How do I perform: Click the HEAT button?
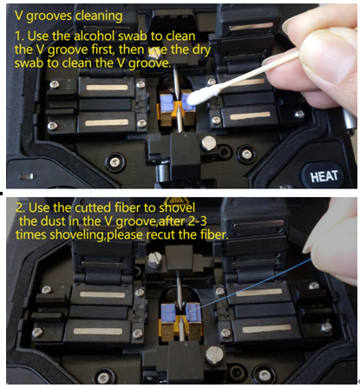(324, 175)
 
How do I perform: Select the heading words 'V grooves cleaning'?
(69, 16)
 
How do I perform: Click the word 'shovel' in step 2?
(177, 207)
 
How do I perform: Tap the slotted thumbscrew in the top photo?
(208, 143)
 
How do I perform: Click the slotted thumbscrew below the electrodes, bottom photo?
(214, 355)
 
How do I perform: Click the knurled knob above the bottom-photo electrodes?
(155, 260)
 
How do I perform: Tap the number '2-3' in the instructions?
(198, 221)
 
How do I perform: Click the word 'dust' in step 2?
(53, 221)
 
